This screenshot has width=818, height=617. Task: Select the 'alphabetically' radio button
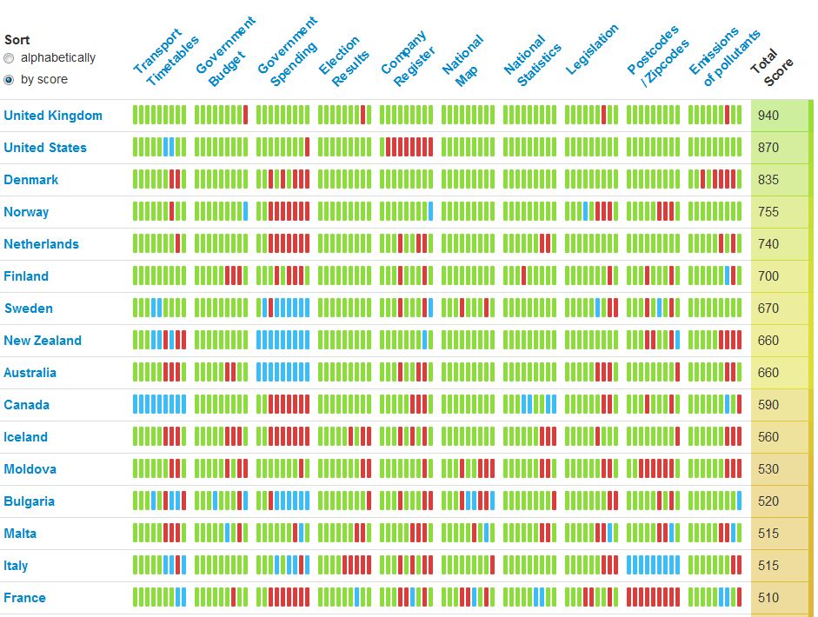(x=10, y=58)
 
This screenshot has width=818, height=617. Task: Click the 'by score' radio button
(x=10, y=80)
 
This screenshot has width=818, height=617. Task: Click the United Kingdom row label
(x=53, y=116)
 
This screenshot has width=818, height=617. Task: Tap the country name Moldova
(x=30, y=469)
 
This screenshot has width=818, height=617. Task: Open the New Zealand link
(x=43, y=341)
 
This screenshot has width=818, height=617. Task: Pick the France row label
(x=25, y=598)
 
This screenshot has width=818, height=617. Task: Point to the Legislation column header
(x=593, y=50)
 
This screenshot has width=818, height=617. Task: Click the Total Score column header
(x=772, y=67)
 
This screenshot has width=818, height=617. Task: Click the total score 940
(x=768, y=116)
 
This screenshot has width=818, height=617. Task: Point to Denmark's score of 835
(x=768, y=180)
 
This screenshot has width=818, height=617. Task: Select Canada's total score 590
(x=768, y=405)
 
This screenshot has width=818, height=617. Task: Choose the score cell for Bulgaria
(x=768, y=501)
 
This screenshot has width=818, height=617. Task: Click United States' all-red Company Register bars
(x=407, y=147)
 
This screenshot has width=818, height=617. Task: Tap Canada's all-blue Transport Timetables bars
(x=159, y=404)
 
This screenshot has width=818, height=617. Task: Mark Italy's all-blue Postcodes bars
(x=654, y=565)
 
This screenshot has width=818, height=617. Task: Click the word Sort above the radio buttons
(x=17, y=40)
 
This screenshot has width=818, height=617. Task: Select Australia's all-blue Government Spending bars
(x=283, y=372)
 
